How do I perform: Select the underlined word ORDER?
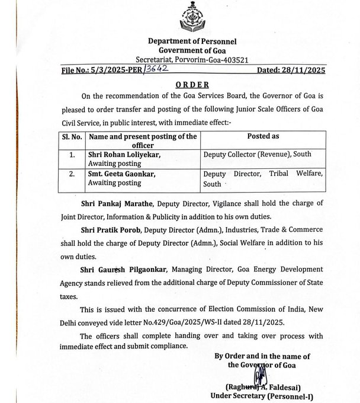coord(192,85)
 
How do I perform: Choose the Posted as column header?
coord(263,136)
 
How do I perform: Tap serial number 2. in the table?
coord(72,175)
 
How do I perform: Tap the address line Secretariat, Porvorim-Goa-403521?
coord(191,59)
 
